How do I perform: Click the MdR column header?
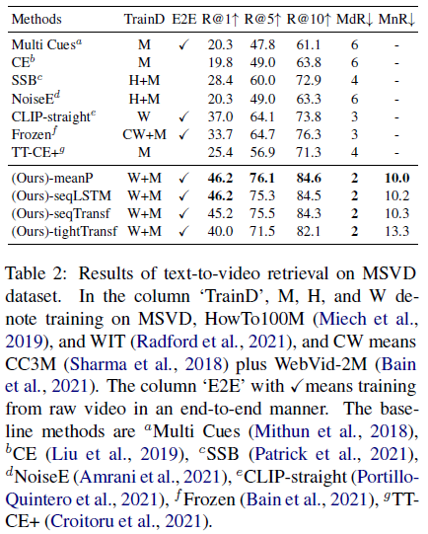(x=354, y=20)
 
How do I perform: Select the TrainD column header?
(x=144, y=20)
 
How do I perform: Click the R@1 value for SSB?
(x=221, y=81)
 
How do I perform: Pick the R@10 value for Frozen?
(x=309, y=134)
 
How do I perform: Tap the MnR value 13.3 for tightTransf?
(x=396, y=232)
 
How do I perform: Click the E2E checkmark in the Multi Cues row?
(x=183, y=45)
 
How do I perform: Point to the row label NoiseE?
(x=36, y=99)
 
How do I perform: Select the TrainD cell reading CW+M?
(x=144, y=134)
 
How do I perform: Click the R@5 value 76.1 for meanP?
(x=262, y=178)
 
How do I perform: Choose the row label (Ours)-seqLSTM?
(x=61, y=196)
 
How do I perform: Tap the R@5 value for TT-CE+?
(x=262, y=152)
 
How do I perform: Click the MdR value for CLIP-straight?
(x=354, y=116)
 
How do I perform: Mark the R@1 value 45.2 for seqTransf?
(x=221, y=214)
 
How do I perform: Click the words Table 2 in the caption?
(x=36, y=274)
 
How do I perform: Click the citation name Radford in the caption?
(x=167, y=342)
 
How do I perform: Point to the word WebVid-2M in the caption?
(x=321, y=364)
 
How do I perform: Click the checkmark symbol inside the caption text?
(x=297, y=387)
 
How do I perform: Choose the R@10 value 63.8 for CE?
(x=309, y=63)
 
